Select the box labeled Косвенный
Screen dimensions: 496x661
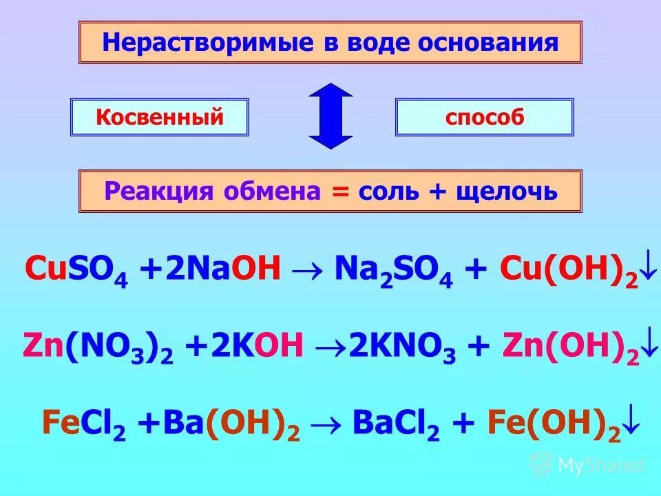pyautogui.click(x=160, y=117)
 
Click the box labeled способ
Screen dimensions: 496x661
pyautogui.click(x=484, y=117)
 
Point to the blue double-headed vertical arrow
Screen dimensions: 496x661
pyautogui.click(x=330, y=116)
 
